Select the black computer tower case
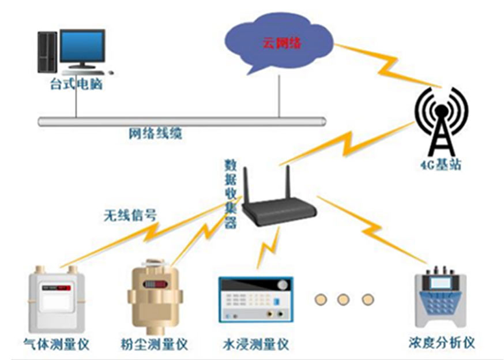(47, 52)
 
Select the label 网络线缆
(155, 134)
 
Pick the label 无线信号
(130, 216)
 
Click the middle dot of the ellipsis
(344, 299)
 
